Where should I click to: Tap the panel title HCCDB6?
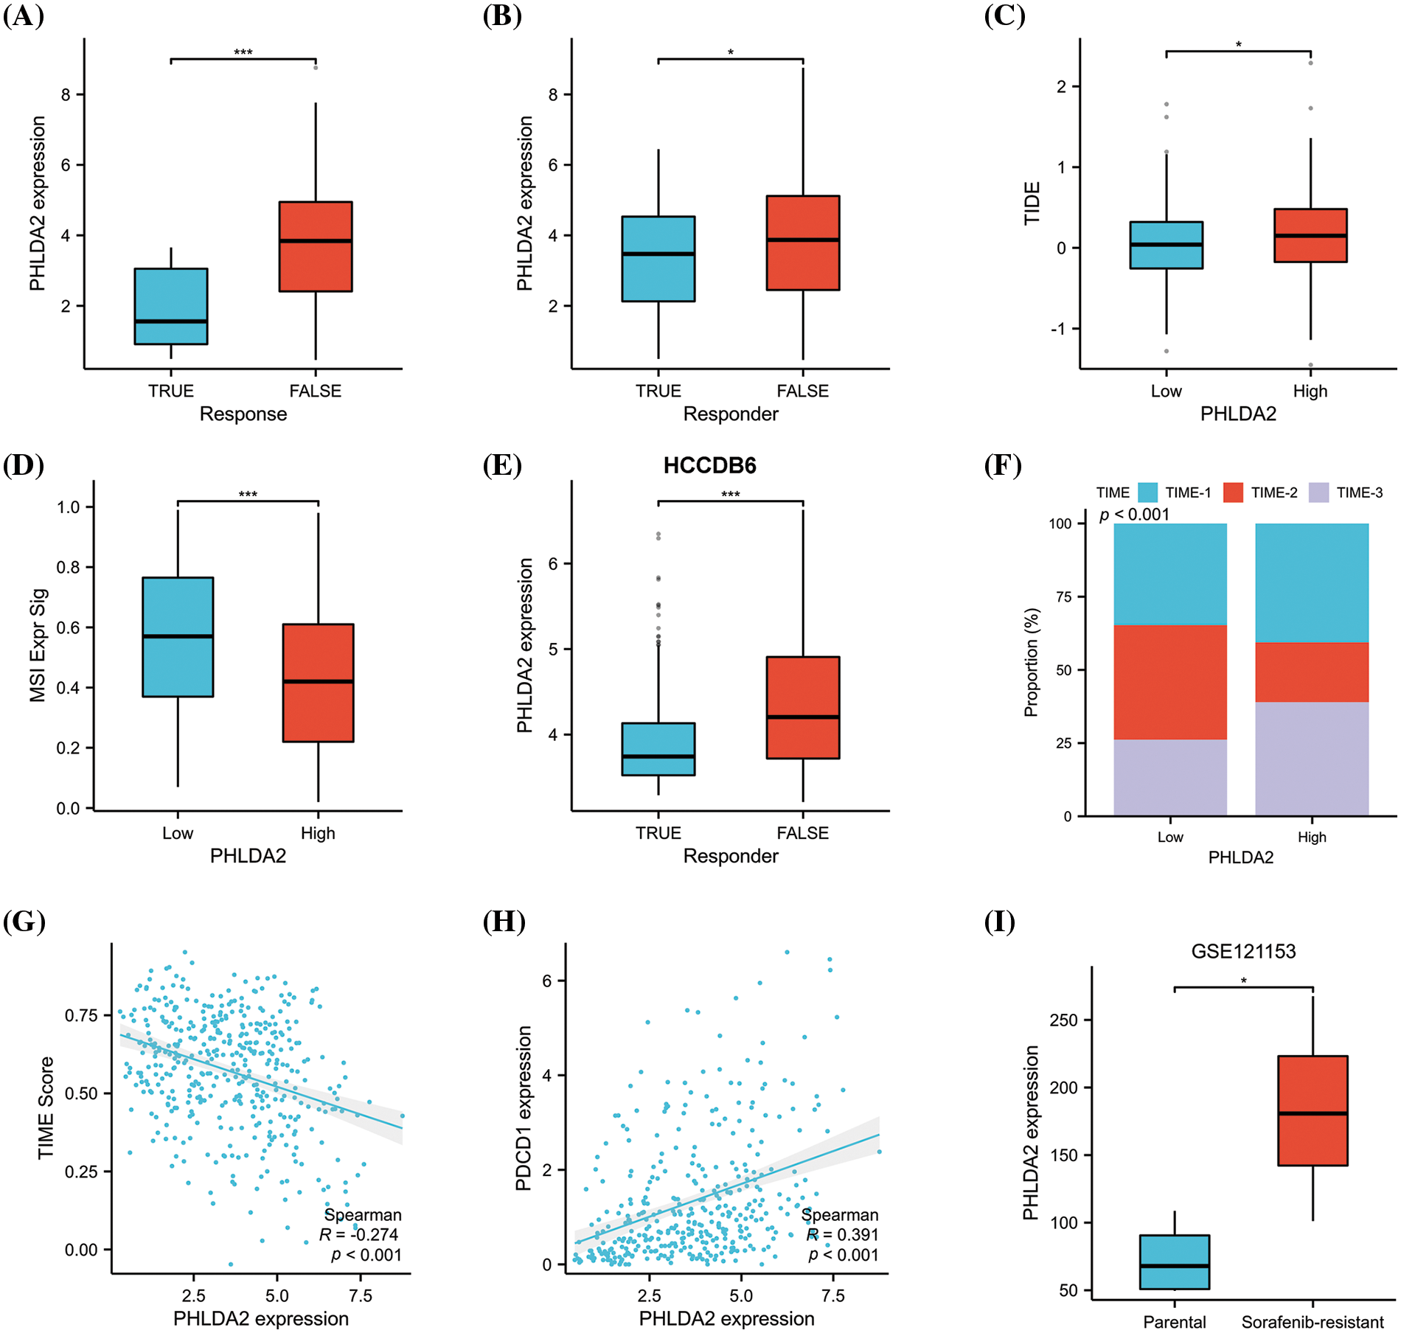click(x=709, y=466)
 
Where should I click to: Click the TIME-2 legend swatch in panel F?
click(x=1233, y=493)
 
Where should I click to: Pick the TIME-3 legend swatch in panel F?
click(x=1318, y=493)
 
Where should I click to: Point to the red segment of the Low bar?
click(x=1170, y=682)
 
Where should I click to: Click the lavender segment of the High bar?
click(x=1312, y=759)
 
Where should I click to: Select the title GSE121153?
click(x=1243, y=951)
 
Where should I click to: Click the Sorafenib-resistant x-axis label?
click(x=1313, y=1322)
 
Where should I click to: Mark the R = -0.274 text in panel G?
click(x=359, y=1235)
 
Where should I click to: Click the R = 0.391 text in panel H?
click(x=842, y=1235)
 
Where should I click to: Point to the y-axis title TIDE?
click(x=1032, y=203)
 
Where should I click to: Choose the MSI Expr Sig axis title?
click(x=38, y=645)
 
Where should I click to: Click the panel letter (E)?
click(x=502, y=466)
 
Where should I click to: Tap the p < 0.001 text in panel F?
click(x=1134, y=515)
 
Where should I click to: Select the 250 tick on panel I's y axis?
click(x=1063, y=1020)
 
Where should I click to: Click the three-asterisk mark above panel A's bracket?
click(x=243, y=52)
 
